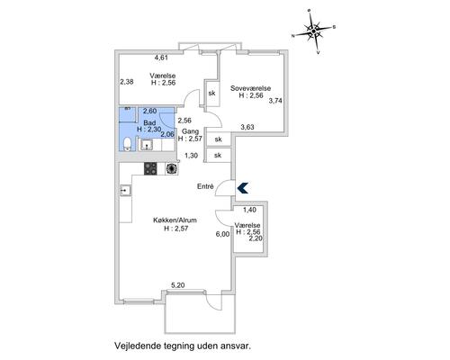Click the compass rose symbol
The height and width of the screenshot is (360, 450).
(x=313, y=33)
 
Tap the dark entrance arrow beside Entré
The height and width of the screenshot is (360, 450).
(x=240, y=186)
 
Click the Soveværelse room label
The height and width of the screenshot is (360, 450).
(x=251, y=88)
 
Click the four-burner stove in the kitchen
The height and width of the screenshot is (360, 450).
(x=149, y=168)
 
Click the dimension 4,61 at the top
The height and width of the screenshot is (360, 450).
(x=162, y=58)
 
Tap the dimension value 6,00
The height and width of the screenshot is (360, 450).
(x=222, y=234)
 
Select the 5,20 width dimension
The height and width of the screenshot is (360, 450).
(x=179, y=286)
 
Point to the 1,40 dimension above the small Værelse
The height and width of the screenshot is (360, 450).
(x=250, y=209)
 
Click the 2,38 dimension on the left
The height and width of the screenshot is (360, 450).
(x=126, y=82)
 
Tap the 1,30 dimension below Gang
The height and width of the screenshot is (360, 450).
(x=191, y=155)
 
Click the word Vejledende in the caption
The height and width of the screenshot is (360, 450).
(x=135, y=345)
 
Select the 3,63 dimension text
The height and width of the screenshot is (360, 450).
(x=248, y=127)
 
